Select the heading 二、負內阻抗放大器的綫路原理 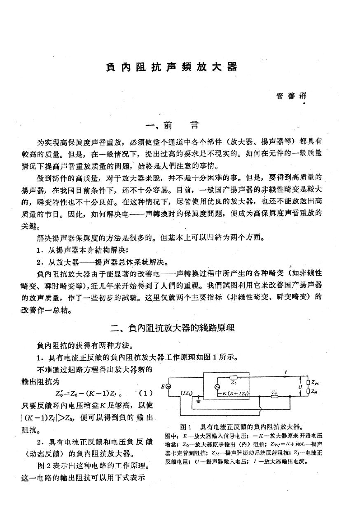[x=173, y=328]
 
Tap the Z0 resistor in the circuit [x=234, y=377]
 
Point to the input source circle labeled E [x=168, y=386]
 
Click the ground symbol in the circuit [x=199, y=400]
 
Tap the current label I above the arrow [x=285, y=372]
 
